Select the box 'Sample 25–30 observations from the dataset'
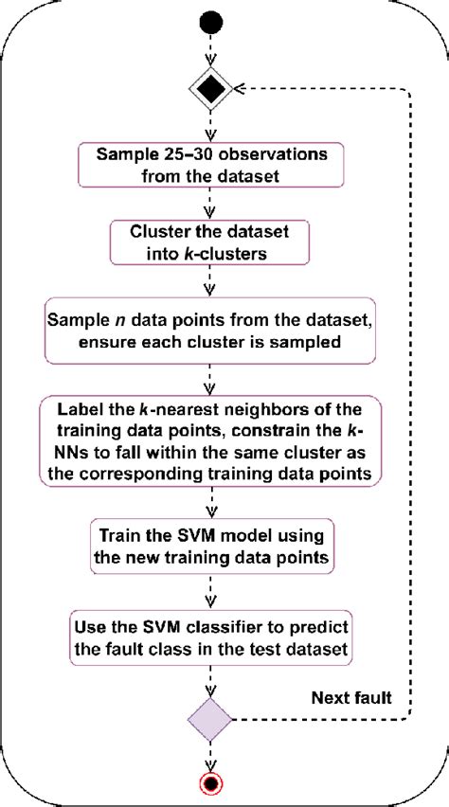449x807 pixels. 211,164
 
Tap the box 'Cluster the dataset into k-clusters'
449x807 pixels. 211,242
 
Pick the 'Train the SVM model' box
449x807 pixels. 211,546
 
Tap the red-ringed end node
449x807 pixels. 211,784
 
